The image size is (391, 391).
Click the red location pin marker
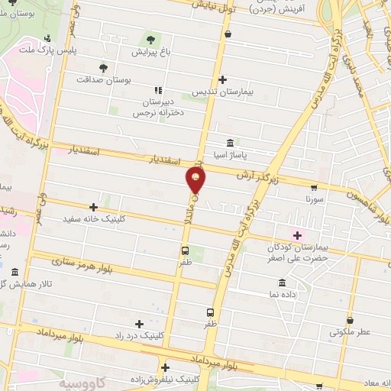click(x=195, y=180)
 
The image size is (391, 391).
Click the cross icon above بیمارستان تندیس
click(x=222, y=79)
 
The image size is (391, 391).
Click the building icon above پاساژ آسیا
click(x=230, y=143)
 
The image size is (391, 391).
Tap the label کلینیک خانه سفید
click(x=93, y=218)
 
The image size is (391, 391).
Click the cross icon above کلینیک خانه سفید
click(x=93, y=206)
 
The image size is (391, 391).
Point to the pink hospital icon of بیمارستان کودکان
click(x=297, y=234)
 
